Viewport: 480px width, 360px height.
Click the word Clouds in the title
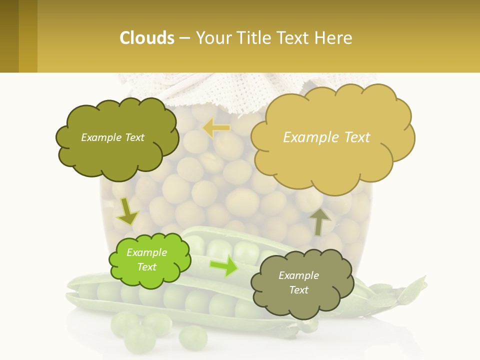147,37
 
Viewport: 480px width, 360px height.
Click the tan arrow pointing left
216,128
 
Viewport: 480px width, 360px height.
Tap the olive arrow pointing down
127,211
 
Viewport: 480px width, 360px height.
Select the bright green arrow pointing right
223,265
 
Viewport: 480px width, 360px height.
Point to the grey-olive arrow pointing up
319,221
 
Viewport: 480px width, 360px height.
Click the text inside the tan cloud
326,137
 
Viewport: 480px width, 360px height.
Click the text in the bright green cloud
146,259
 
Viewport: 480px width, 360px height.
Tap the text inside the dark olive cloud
112,137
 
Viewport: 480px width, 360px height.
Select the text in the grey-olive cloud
298,282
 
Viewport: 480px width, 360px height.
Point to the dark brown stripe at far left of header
9,36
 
